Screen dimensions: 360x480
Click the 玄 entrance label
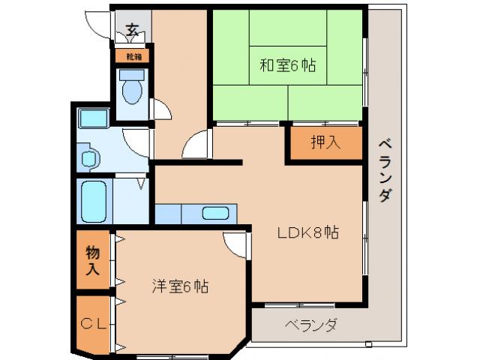[132, 30]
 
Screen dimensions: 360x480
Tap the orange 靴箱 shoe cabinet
[132, 56]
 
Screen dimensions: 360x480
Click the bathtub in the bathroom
[94, 200]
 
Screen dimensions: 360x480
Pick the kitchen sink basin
[215, 213]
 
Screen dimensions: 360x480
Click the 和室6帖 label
[287, 65]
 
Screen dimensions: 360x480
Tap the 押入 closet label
[325, 142]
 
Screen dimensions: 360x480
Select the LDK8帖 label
[308, 232]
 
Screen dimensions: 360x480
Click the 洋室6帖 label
[180, 286]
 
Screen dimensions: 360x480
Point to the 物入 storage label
[93, 260]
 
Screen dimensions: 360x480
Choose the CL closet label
[93, 324]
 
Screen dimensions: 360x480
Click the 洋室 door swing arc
[235, 244]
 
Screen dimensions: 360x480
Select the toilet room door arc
[160, 110]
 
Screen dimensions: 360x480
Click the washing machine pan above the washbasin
[93, 118]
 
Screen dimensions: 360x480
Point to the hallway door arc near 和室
[196, 145]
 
